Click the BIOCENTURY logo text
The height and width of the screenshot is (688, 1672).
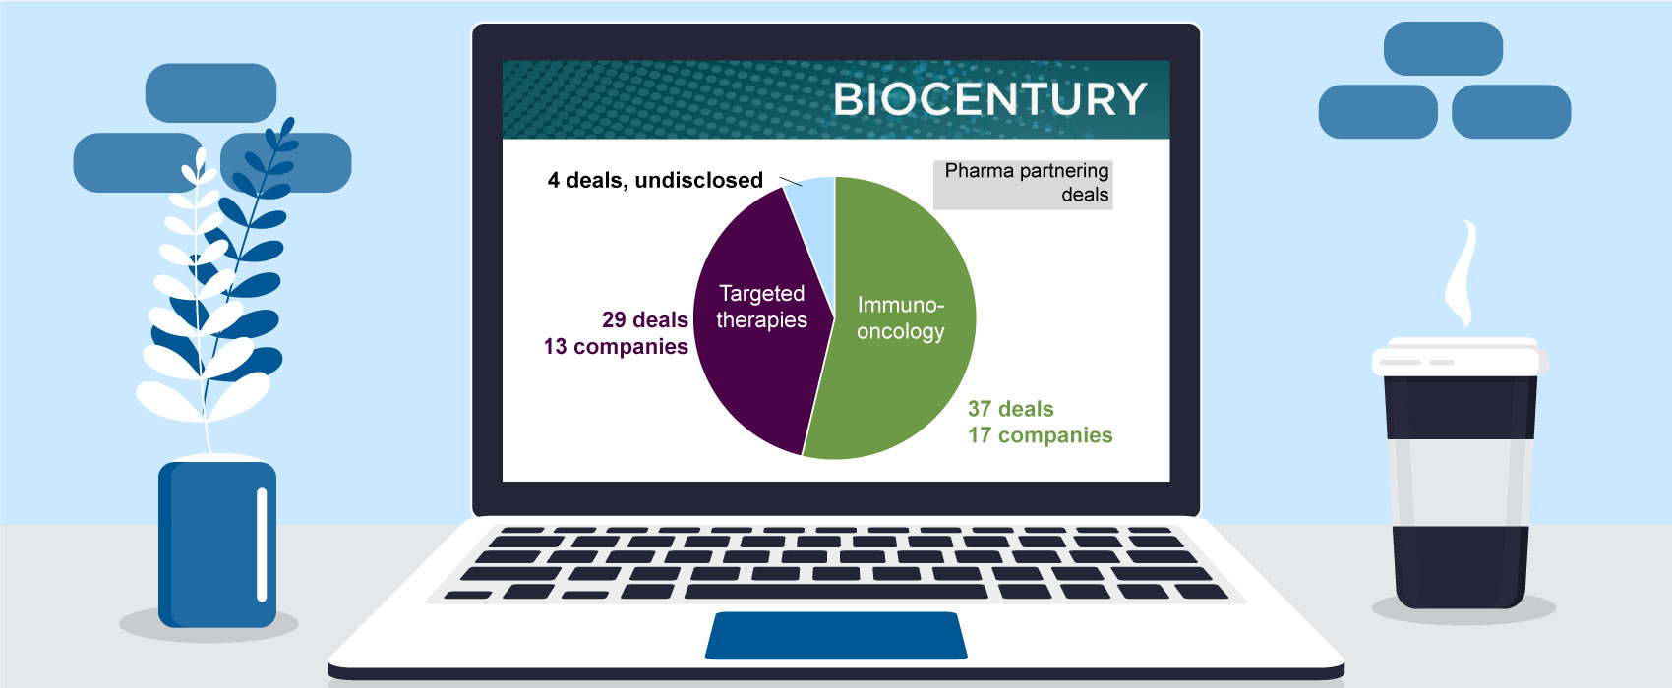pyautogui.click(x=989, y=99)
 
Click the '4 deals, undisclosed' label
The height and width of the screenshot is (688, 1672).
pyautogui.click(x=655, y=180)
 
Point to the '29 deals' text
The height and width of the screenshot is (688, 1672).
pyautogui.click(x=645, y=319)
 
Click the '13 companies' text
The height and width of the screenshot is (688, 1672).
pyautogui.click(x=616, y=346)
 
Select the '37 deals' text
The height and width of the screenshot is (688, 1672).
pyautogui.click(x=1011, y=409)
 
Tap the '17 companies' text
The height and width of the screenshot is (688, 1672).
pyautogui.click(x=1040, y=435)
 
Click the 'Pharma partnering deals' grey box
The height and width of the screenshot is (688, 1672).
pyautogui.click(x=1023, y=185)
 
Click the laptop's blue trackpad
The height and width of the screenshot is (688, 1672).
pyautogui.click(x=836, y=636)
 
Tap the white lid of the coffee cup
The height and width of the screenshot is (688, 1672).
pyautogui.click(x=1460, y=358)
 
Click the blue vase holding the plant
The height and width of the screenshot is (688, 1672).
pyautogui.click(x=217, y=545)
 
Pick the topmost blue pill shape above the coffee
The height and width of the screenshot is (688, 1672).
pyautogui.click(x=1443, y=48)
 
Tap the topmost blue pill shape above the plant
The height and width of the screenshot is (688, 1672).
pyautogui.click(x=210, y=92)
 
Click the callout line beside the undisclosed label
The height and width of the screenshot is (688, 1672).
pyautogui.click(x=791, y=181)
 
